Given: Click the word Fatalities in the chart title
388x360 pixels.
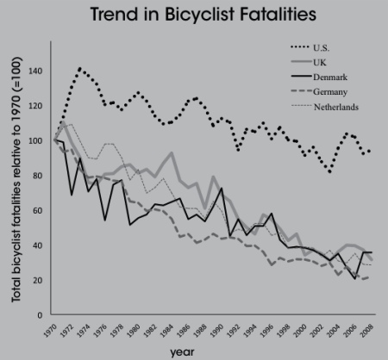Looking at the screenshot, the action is click(278, 14).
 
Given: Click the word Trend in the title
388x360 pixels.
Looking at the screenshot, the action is click(114, 14).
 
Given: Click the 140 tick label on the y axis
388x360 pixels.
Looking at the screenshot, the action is click(35, 71).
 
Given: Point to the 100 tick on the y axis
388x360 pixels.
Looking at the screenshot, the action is click(35, 140).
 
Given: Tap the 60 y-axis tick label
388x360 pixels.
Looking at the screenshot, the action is click(38, 210).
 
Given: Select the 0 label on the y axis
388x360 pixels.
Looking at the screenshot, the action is click(40, 315).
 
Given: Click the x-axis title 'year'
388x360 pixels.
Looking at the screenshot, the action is click(182, 352).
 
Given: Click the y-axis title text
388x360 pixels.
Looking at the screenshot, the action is click(16, 179).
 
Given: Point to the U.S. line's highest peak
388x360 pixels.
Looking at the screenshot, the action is click(79, 69).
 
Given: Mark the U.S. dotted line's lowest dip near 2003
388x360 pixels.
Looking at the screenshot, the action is click(329, 171).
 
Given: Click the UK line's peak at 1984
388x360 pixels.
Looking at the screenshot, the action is click(172, 152).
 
